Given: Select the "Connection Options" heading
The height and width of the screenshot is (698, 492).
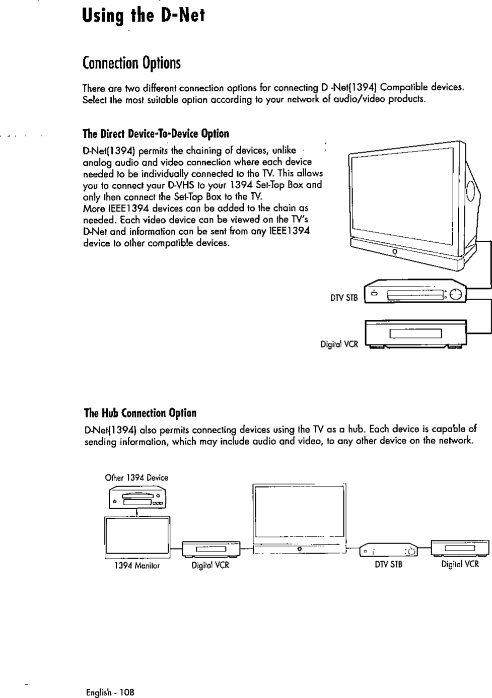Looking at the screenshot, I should pyautogui.click(x=131, y=63).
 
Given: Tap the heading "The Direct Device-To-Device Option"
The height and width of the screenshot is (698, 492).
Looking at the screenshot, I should pyautogui.click(x=156, y=133).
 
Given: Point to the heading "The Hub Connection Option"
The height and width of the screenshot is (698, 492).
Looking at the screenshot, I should pyautogui.click(x=139, y=413).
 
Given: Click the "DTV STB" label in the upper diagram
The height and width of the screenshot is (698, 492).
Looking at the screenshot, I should pyautogui.click(x=344, y=298).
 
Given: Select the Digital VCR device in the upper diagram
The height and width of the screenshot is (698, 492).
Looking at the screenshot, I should pyautogui.click(x=416, y=333).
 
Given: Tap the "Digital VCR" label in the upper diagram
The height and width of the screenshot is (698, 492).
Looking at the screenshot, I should pyautogui.click(x=339, y=344).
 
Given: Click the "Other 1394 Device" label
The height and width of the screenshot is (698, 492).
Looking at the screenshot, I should pyautogui.click(x=136, y=477).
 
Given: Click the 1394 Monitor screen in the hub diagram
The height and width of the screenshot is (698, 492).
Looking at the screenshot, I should pyautogui.click(x=137, y=537).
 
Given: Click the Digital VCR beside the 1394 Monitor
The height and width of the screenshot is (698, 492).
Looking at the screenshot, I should pyautogui.click(x=211, y=548).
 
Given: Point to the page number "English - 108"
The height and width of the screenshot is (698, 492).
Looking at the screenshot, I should pyautogui.click(x=110, y=692).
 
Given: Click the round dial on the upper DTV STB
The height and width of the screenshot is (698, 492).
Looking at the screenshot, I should pyautogui.click(x=455, y=295).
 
